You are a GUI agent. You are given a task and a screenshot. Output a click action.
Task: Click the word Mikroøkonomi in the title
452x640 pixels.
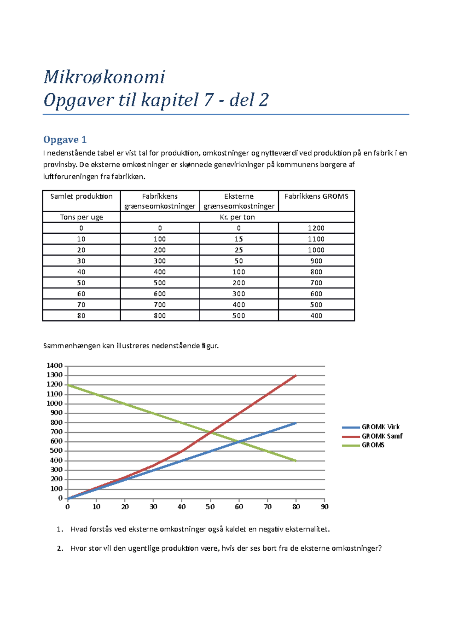[x=104, y=77]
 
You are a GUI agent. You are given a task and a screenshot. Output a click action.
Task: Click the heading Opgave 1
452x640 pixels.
[x=65, y=140]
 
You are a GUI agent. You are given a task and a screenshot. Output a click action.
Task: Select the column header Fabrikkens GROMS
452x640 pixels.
[x=316, y=196]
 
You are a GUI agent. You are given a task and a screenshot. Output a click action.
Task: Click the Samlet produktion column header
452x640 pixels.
[x=81, y=196]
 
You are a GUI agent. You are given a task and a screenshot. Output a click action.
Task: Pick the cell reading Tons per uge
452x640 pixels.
[x=81, y=217]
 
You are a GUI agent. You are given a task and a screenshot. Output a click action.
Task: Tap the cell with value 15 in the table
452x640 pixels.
[x=238, y=239]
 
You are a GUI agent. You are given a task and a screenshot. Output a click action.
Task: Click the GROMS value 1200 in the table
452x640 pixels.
[x=316, y=228]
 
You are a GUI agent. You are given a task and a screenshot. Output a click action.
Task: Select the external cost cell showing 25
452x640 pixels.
[x=238, y=250]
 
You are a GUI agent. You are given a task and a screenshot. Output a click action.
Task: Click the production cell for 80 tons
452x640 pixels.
[x=81, y=316]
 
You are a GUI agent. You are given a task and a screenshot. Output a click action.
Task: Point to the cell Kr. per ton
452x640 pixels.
[x=237, y=217]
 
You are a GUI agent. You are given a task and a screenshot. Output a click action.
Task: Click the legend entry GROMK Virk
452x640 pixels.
[x=380, y=427]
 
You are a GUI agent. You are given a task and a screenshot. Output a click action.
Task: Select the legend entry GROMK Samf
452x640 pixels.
[x=382, y=436]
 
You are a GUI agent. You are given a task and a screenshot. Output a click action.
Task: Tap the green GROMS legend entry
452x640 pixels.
[x=373, y=445]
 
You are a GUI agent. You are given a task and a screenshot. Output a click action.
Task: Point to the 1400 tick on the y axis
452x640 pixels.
[x=54, y=366]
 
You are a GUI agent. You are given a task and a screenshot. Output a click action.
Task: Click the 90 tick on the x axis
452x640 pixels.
[x=324, y=507]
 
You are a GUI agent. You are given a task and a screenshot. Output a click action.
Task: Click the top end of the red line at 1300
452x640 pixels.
[x=296, y=375]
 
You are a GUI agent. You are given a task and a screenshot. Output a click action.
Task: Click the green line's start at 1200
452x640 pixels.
[x=68, y=385]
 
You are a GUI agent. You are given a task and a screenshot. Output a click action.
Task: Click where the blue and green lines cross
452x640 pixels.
[x=239, y=442]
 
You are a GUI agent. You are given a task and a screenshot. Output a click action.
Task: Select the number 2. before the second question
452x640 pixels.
[x=60, y=548]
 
